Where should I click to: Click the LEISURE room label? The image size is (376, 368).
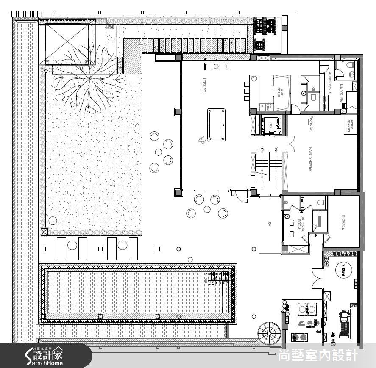204,85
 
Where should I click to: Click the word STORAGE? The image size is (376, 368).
343,222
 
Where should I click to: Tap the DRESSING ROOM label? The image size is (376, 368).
301,223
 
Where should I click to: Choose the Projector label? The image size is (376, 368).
311,123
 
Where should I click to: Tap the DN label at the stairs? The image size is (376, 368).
276,149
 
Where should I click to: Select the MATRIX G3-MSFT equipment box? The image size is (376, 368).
351,125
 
